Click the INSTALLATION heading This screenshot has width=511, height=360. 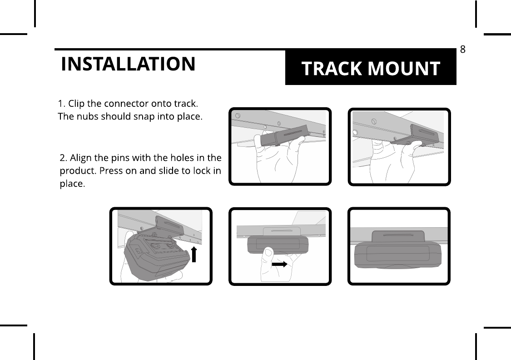click(x=128, y=65)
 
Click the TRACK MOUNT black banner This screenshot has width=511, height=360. click(x=371, y=68)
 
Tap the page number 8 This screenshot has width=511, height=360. click(x=462, y=49)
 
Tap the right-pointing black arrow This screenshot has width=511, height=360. click(x=279, y=264)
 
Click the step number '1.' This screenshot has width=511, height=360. click(x=63, y=103)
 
